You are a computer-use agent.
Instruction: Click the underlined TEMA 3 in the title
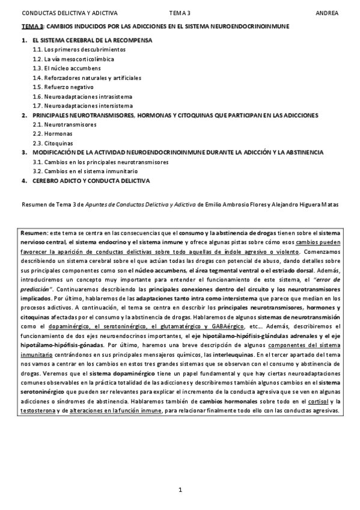(x=32, y=27)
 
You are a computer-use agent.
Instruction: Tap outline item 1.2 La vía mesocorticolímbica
(x=73, y=59)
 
